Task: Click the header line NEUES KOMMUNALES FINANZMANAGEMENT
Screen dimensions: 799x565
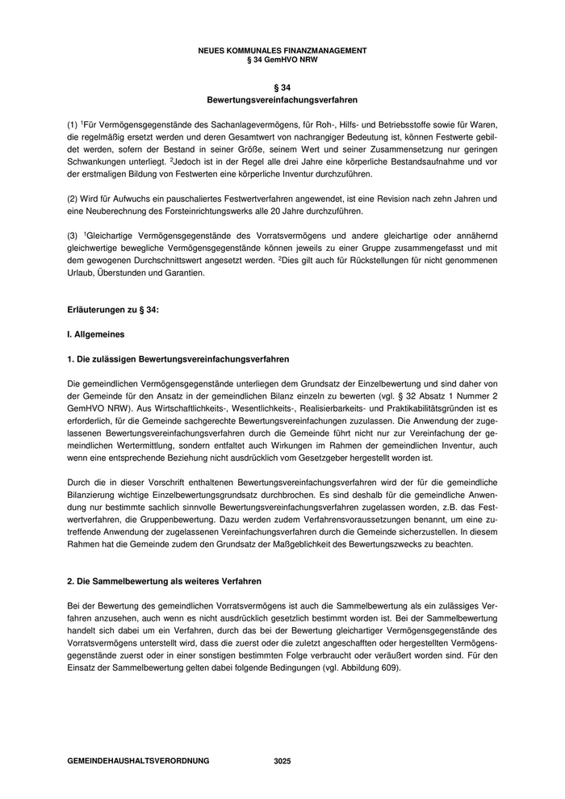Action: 282,50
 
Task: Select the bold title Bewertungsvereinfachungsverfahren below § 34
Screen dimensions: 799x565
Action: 282,101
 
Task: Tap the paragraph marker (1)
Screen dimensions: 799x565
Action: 72,125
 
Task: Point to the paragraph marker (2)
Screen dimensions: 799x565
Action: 72,199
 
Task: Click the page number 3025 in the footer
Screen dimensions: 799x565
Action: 282,761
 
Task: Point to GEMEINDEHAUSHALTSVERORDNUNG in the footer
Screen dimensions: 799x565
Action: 138,761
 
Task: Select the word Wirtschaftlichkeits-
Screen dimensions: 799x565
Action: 136,408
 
